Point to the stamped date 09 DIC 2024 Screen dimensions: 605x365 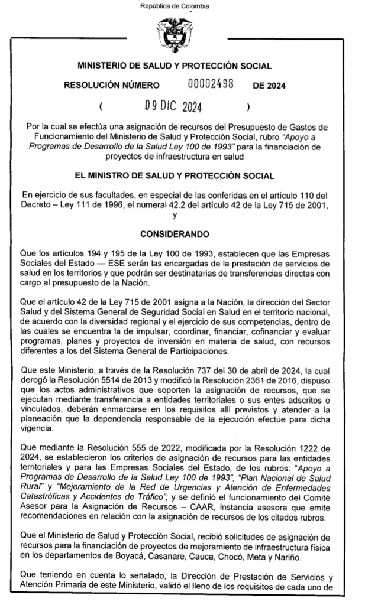click(x=173, y=107)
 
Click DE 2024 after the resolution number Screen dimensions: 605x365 click(x=269, y=86)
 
